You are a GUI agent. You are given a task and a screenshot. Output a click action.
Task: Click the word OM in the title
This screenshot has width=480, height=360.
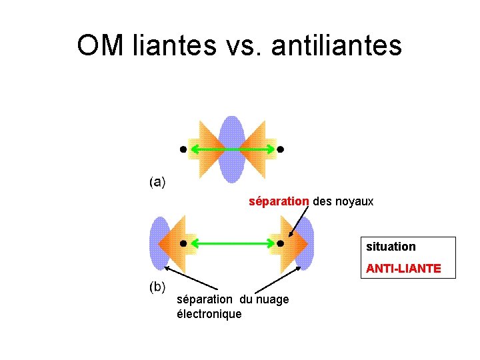pyautogui.click(x=100, y=45)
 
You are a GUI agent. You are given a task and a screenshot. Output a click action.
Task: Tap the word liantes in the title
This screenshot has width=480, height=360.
pyautogui.click(x=175, y=45)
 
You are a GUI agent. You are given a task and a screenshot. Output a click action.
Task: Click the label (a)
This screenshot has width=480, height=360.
pyautogui.click(x=157, y=181)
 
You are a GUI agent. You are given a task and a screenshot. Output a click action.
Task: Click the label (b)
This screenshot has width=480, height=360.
pyautogui.click(x=157, y=287)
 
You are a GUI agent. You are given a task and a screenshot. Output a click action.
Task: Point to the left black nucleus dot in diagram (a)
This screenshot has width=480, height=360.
pyautogui.click(x=183, y=149)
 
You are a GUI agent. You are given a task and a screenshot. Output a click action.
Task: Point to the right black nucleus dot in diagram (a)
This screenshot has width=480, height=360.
pyautogui.click(x=280, y=149)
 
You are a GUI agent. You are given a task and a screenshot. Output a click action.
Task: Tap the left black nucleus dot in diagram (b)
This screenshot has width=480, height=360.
pyautogui.click(x=183, y=244)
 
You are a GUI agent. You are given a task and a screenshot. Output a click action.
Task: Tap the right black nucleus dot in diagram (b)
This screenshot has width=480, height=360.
pyautogui.click(x=280, y=244)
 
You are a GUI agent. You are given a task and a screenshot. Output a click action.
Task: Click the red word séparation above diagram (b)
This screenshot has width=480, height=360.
pyautogui.click(x=279, y=201)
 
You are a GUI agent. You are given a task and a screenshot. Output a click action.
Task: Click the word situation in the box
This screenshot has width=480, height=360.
pyautogui.click(x=391, y=246)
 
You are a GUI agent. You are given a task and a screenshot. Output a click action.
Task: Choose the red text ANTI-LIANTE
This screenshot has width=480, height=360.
pyautogui.click(x=403, y=269)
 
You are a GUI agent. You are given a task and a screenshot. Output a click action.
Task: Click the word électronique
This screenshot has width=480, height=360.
pyautogui.click(x=209, y=313)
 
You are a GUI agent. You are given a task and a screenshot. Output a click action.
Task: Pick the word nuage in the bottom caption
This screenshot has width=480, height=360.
pyautogui.click(x=273, y=299)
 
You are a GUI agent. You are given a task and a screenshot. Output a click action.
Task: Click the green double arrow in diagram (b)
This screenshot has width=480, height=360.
pyautogui.click(x=231, y=244)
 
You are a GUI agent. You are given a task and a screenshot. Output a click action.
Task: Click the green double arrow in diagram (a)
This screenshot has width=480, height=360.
pyautogui.click(x=231, y=149)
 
